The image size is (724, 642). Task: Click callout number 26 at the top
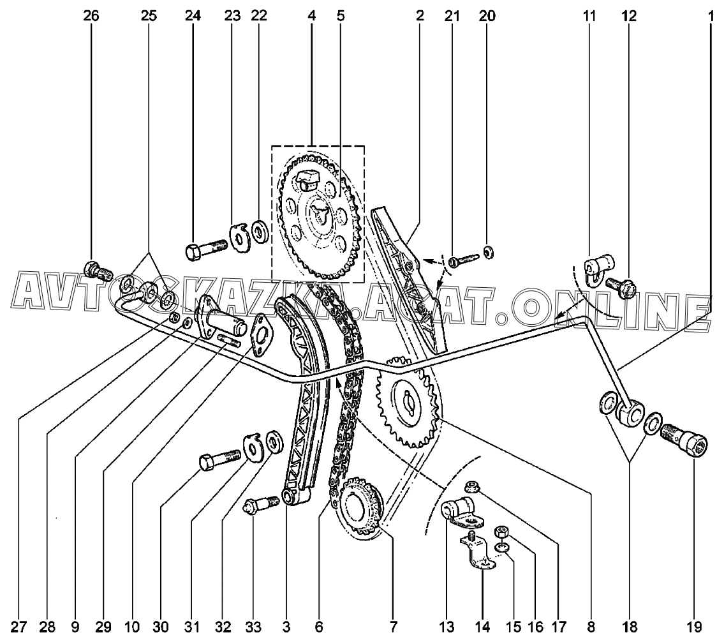(x=91, y=16)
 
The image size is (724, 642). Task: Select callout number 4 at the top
(x=311, y=16)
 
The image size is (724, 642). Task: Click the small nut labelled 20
(x=488, y=253)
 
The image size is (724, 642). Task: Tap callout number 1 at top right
(x=710, y=16)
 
